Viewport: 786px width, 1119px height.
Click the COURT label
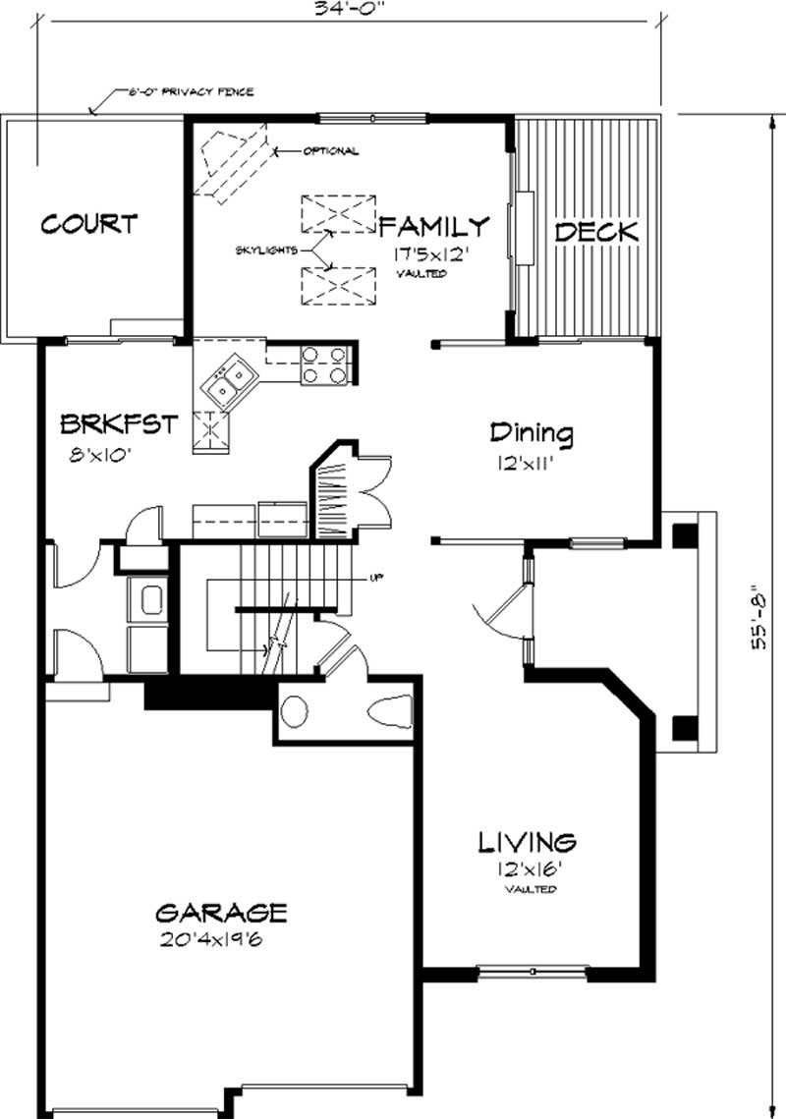(x=88, y=224)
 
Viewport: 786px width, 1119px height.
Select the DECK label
(x=596, y=233)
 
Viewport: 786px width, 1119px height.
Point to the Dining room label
(x=532, y=432)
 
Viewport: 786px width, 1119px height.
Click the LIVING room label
(x=527, y=842)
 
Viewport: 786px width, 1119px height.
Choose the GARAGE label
(x=221, y=913)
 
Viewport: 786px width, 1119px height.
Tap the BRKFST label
(x=118, y=424)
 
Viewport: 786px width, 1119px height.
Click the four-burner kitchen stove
(x=323, y=364)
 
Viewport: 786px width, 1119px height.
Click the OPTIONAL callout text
(x=330, y=151)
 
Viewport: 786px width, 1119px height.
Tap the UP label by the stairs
(x=375, y=578)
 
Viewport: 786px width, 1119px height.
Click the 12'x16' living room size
(x=527, y=867)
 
